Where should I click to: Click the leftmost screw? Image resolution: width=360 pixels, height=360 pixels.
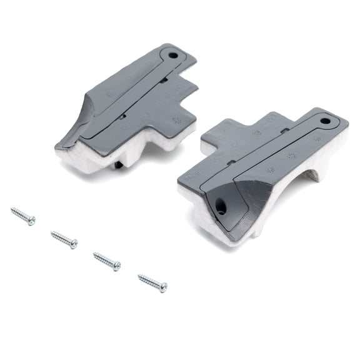(22, 216)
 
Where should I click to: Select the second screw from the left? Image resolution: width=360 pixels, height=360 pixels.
(64, 239)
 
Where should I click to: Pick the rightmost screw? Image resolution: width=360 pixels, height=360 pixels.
(152, 282)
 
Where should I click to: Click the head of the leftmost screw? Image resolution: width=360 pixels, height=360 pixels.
(31, 220)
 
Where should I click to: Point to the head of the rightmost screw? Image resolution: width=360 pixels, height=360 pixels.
(163, 287)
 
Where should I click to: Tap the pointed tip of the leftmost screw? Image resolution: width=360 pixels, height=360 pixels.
(12, 210)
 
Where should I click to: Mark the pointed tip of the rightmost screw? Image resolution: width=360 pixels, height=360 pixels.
(139, 276)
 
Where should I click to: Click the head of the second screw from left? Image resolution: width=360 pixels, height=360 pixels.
(74, 244)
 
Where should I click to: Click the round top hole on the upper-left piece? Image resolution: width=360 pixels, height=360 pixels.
(173, 56)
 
